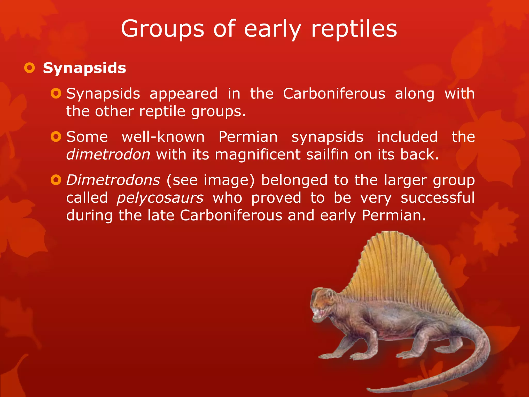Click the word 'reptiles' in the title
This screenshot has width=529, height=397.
(x=354, y=29)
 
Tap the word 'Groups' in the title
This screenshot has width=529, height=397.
(x=162, y=29)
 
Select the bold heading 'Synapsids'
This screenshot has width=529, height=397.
(x=84, y=68)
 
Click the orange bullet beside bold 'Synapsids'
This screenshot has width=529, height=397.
(x=29, y=68)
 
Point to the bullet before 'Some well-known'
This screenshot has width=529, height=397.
(x=56, y=136)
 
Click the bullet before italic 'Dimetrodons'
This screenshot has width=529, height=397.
(x=56, y=180)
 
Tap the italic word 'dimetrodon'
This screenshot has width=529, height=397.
(x=108, y=154)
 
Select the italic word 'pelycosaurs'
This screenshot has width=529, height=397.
(x=160, y=198)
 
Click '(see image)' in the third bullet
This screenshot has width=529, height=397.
(x=210, y=180)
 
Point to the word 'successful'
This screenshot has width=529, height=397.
(x=438, y=198)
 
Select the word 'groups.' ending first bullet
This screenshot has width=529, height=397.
(x=218, y=112)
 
